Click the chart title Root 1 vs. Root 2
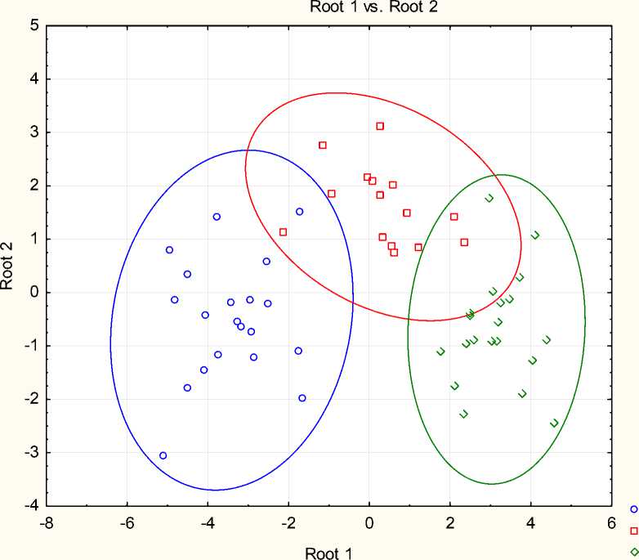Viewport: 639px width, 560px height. click(368, 7)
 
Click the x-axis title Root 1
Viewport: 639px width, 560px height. click(328, 553)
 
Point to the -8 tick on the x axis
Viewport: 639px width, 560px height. click(48, 522)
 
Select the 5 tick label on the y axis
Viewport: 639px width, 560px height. click(34, 25)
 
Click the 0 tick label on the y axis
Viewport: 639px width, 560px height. click(34, 293)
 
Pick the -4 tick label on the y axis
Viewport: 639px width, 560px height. click(31, 506)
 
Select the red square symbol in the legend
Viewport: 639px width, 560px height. click(633, 531)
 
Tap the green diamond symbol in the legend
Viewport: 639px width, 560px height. click(633, 552)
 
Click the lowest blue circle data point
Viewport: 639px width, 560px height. click(163, 455)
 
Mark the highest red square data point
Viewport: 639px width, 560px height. click(380, 126)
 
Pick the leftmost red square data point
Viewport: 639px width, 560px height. click(283, 232)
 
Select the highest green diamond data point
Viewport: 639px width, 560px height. click(489, 198)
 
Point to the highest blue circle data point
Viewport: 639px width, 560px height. click(300, 212)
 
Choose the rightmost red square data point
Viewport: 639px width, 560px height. click(464, 242)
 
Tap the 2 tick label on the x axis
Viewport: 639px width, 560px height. click(450, 522)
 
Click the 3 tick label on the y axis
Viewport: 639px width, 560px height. click(34, 132)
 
